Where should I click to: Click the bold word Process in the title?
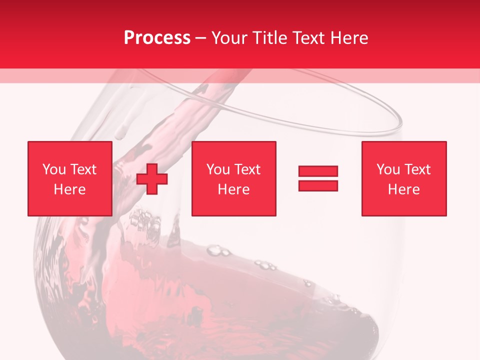[157, 37]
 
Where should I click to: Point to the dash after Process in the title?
[200, 38]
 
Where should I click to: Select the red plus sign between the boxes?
[152, 178]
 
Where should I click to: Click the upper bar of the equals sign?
[318, 171]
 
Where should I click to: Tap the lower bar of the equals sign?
[318, 185]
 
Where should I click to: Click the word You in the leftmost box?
[54, 169]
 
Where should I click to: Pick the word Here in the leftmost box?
[69, 189]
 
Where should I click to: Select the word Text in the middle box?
[247, 169]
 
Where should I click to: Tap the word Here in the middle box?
[233, 189]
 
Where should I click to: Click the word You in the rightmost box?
[388, 169]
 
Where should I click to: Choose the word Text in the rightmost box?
[417, 169]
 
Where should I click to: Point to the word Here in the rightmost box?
[403, 189]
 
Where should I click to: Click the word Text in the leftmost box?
[83, 169]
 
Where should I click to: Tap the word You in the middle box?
[218, 169]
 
